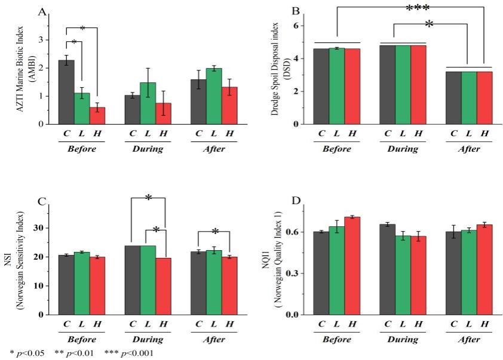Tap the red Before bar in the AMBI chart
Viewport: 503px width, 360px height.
point(97,116)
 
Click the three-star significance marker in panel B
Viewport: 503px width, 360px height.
point(418,8)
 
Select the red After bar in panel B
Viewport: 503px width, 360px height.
point(484,98)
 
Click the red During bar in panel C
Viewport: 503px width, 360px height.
point(163,286)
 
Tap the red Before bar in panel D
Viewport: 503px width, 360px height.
point(352,266)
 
